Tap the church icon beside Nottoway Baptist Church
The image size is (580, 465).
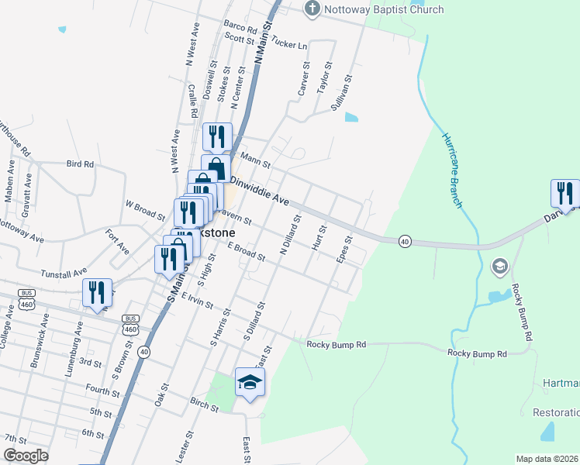click(312, 9)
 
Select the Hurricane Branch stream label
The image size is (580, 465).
click(453, 170)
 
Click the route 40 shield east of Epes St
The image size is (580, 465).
click(405, 242)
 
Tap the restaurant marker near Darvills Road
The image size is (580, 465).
click(564, 193)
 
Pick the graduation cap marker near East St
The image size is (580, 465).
click(250, 382)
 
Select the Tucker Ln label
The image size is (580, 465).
click(291, 44)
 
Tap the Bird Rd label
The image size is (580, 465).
click(80, 164)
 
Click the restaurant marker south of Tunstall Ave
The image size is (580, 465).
click(97, 292)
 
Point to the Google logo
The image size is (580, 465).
click(25, 456)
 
